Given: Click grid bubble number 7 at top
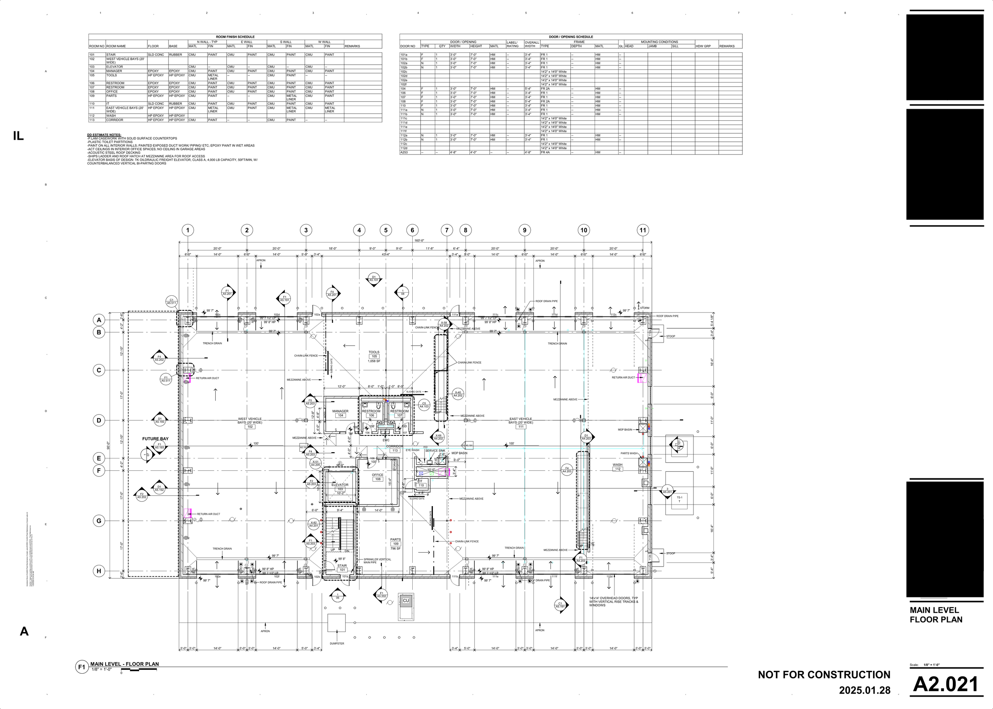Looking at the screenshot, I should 446,230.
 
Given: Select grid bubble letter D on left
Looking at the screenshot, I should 99,420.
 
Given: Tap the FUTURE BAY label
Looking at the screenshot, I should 155,439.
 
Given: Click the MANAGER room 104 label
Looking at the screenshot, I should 340,413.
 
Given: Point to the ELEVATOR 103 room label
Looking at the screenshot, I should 340,486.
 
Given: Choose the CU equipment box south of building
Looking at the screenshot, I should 406,601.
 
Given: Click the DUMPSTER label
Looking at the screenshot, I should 337,643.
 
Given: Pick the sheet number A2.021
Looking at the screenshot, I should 946,684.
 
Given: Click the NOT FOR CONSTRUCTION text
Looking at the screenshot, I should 824,674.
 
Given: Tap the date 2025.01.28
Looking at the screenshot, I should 864,691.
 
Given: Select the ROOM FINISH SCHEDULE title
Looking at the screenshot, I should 235,37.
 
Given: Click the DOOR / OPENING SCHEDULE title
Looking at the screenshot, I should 570,37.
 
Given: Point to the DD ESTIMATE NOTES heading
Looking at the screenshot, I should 104,135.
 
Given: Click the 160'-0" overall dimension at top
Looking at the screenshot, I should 419,240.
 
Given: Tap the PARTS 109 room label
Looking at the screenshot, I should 395,541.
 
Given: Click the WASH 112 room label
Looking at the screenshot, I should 617,467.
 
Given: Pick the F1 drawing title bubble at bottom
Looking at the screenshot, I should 81,667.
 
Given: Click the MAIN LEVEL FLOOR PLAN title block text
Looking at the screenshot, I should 936,615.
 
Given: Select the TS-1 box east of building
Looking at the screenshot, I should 679,499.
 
